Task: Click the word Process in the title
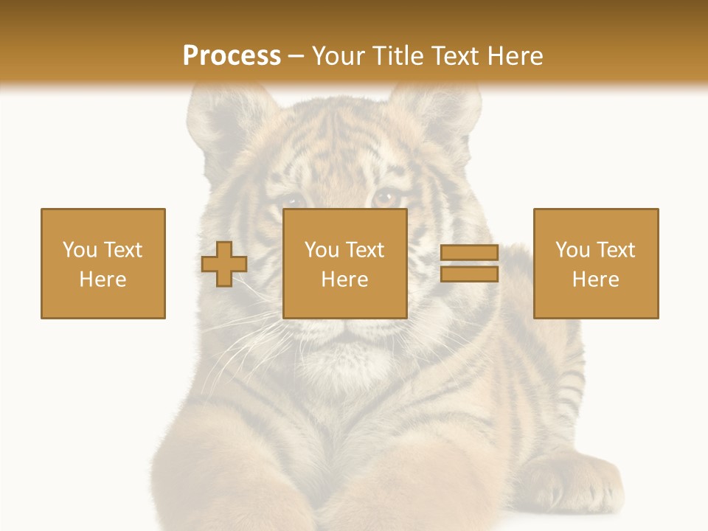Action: pyautogui.click(x=232, y=56)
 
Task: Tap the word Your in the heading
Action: pyautogui.click(x=338, y=56)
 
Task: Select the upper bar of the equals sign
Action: pyautogui.click(x=469, y=252)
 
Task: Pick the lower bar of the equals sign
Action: pyautogui.click(x=469, y=274)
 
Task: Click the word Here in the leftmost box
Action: pyautogui.click(x=103, y=280)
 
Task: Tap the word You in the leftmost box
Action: pyautogui.click(x=80, y=250)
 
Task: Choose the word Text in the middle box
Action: pyautogui.click(x=366, y=250)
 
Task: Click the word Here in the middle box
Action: pyautogui.click(x=344, y=280)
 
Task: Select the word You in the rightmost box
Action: pyautogui.click(x=572, y=250)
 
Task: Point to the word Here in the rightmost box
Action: pyautogui.click(x=595, y=280)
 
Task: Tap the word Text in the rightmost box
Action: pyautogui.click(x=617, y=250)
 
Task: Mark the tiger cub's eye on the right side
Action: pyautogui.click(x=386, y=197)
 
